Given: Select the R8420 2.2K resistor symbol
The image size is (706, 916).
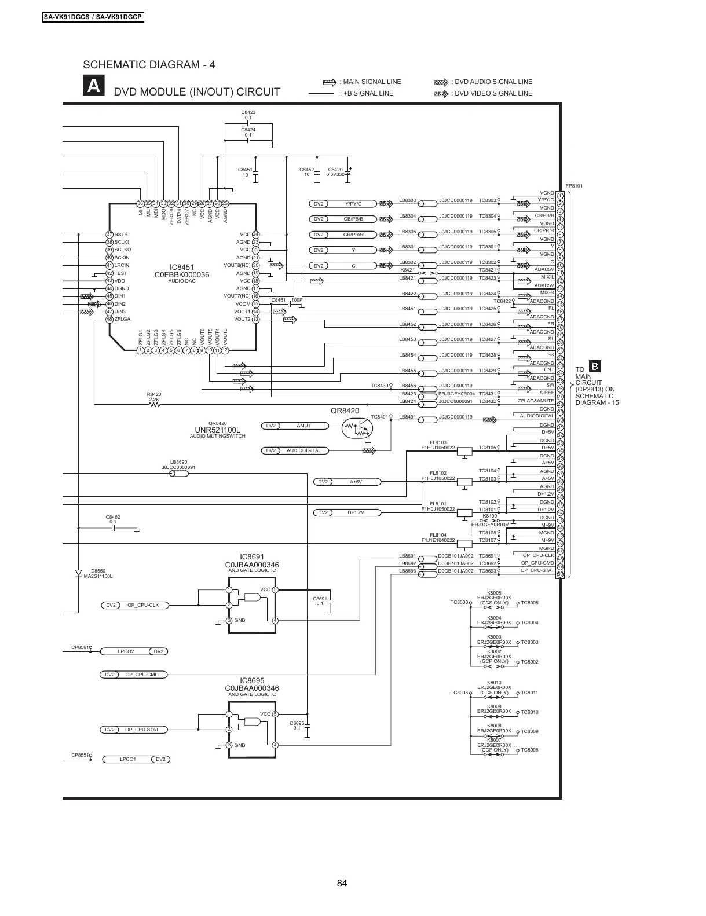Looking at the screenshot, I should (x=155, y=405).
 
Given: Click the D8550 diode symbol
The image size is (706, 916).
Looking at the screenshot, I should (x=78, y=573).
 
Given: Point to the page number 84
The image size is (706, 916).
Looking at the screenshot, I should (x=342, y=883).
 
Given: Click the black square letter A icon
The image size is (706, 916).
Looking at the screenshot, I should (x=94, y=86).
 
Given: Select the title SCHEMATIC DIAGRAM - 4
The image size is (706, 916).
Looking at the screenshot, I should (x=149, y=64).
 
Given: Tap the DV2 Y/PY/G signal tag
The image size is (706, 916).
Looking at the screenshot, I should (x=345, y=204).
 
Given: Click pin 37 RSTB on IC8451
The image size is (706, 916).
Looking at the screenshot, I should (x=109, y=234).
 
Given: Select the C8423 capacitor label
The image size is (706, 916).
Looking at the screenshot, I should (x=248, y=112).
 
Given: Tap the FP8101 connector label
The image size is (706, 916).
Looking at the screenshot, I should (x=573, y=186).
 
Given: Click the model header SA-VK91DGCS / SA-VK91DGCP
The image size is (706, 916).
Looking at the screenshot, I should (x=93, y=17).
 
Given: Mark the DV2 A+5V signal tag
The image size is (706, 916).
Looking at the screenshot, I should (x=347, y=481).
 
